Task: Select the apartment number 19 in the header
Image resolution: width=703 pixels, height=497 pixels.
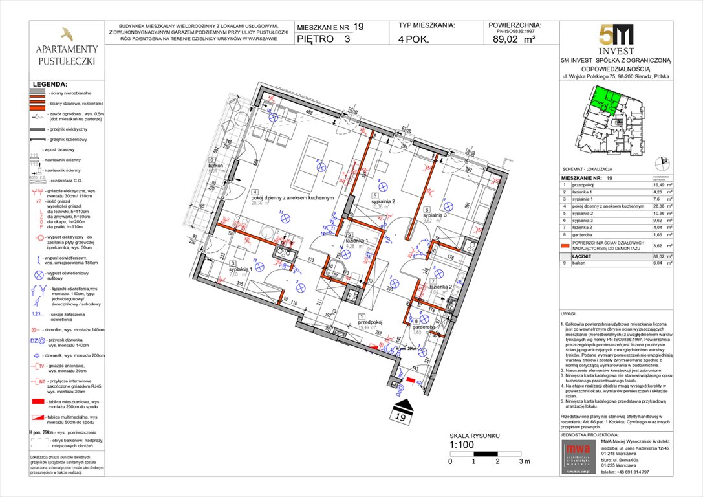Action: pyautogui.click(x=358, y=27)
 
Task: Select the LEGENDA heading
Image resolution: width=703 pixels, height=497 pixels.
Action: pyautogui.click(x=49, y=84)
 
